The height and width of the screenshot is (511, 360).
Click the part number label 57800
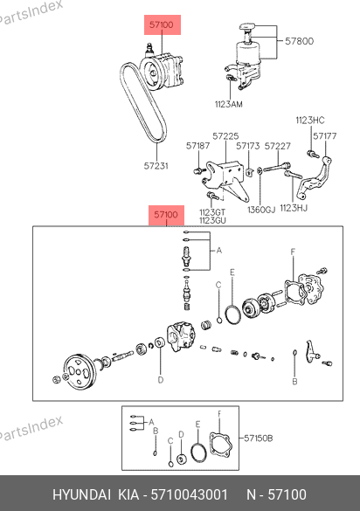pyautogui.click(x=299, y=41)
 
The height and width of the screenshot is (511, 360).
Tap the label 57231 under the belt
pyautogui.click(x=156, y=166)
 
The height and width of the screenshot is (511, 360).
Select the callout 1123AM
pyautogui.click(x=229, y=104)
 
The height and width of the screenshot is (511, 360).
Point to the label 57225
pyautogui.click(x=225, y=136)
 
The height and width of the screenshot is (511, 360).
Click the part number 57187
pyautogui.click(x=198, y=146)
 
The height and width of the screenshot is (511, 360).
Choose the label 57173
pyautogui.click(x=248, y=146)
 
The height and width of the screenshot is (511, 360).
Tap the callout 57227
pyautogui.click(x=277, y=146)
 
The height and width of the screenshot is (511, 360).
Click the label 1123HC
pyautogui.click(x=310, y=121)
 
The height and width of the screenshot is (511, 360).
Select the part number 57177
pyautogui.click(x=325, y=136)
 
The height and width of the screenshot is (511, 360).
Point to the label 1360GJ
pyautogui.click(x=261, y=210)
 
